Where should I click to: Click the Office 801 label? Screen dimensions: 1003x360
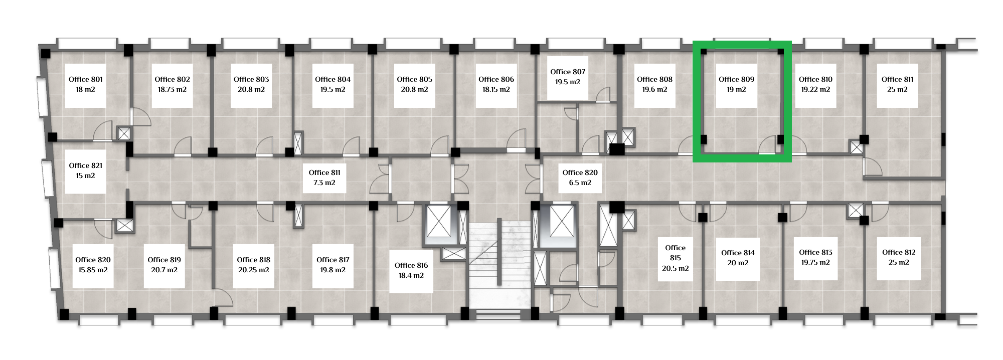85,79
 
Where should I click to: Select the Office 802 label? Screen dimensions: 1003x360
172,79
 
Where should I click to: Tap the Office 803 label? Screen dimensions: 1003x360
251,79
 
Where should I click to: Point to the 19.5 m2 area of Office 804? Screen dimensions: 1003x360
332,89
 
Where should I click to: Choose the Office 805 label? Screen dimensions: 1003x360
414,79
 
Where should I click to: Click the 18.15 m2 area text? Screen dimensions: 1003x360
496,89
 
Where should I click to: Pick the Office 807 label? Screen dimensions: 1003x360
568,72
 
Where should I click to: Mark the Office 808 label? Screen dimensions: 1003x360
654,79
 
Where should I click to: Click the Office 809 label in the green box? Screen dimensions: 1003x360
736,79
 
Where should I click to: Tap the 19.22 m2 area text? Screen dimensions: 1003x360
815,89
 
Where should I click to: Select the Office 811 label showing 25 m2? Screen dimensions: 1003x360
897,79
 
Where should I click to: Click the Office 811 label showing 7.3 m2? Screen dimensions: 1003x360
324,172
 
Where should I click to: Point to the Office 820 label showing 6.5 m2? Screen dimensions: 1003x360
580,172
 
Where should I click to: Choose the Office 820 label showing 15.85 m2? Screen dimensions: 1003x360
93,260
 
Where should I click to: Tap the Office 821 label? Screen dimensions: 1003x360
85,165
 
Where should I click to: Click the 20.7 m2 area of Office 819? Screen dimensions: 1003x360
164,270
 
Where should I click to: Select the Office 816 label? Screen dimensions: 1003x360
411,265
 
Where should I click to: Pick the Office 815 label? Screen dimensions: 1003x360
675,253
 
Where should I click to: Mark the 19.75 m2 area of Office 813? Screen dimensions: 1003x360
815,262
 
